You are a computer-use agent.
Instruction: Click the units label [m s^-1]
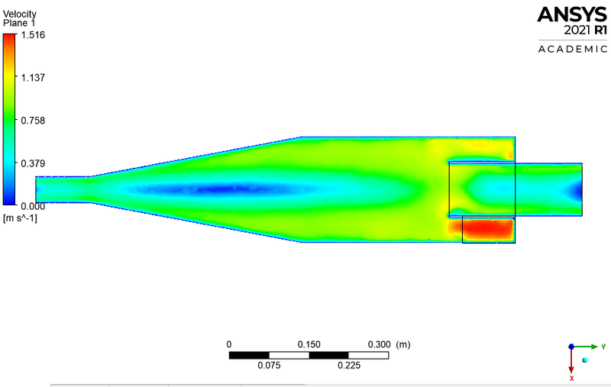(20, 218)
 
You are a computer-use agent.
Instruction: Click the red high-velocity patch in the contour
(487, 229)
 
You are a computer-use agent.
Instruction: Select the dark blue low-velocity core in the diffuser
(214, 189)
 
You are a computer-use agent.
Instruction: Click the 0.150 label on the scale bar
(309, 344)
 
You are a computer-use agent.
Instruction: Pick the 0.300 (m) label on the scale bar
(390, 344)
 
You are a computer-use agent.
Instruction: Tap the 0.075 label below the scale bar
(269, 366)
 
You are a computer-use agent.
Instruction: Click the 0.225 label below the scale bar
(349, 366)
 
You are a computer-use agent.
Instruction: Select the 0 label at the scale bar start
(229, 344)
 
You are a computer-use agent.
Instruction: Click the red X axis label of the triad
(571, 378)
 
